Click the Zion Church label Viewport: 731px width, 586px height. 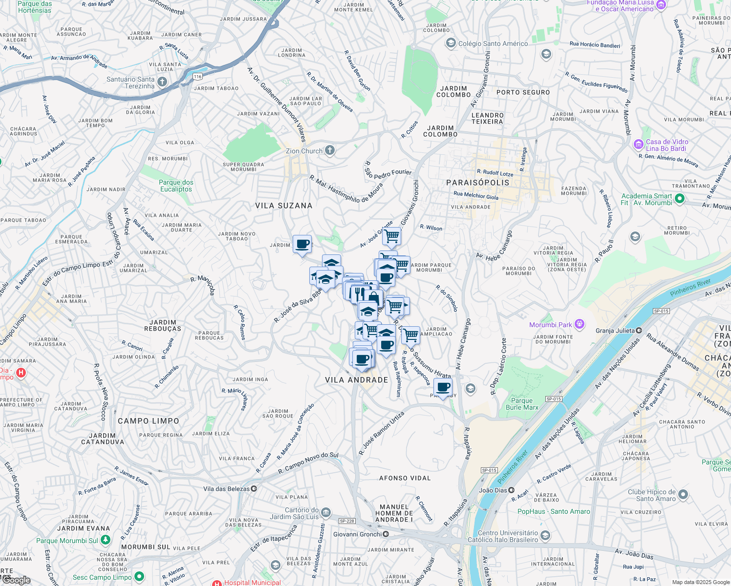[304, 151]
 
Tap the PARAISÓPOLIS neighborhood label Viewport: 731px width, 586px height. [477, 183]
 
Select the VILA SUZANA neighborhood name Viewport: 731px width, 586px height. [283, 206]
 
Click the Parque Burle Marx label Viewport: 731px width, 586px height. [522, 404]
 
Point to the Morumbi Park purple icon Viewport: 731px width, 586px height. [580, 324]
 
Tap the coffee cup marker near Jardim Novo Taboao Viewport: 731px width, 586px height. [302, 244]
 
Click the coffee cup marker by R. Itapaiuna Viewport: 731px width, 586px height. [443, 388]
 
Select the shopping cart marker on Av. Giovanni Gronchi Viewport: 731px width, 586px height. [391, 236]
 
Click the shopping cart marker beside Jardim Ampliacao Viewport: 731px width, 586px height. [410, 335]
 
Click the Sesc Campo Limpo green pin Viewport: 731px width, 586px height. [139, 577]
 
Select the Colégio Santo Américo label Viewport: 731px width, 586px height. [493, 43]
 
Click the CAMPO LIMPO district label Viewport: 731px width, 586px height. [149, 421]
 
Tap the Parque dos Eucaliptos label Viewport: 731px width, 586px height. [176, 186]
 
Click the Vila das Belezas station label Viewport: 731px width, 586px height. [226, 489]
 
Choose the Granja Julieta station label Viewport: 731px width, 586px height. [615, 331]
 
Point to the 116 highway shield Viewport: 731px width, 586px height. [197, 77]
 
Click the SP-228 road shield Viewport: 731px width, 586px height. [347, 521]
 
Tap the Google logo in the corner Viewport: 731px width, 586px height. [16, 580]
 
